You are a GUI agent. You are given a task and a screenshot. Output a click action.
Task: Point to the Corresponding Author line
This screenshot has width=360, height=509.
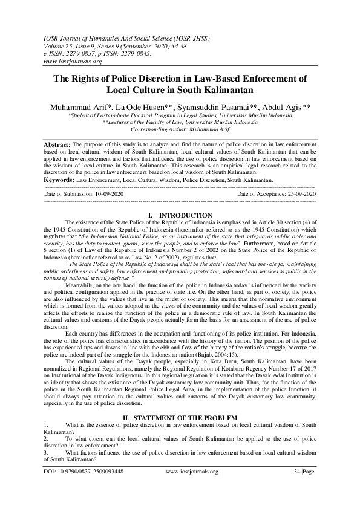click(x=180, y=129)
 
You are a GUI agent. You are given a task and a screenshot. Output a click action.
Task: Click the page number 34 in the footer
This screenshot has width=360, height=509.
click(x=296, y=488)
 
